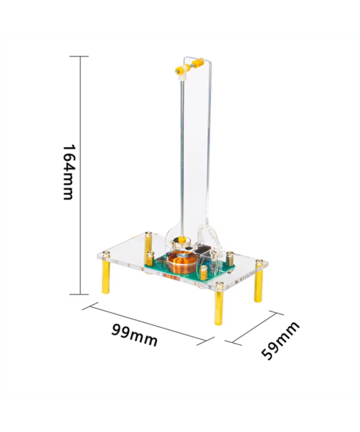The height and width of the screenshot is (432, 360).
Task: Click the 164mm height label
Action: [x=68, y=171]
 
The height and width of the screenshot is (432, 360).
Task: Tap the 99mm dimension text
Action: [x=134, y=334]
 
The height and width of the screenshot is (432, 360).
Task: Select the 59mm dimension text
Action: [x=280, y=340]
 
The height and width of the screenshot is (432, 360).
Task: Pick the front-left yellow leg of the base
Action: [x=105, y=276]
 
